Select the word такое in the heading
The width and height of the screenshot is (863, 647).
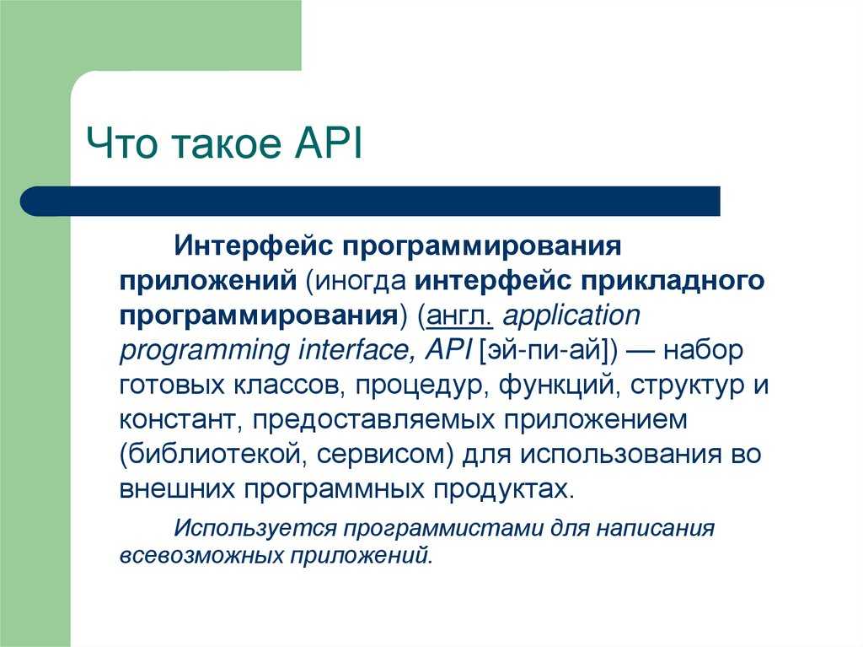[226, 145]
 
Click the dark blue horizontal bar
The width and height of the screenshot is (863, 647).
[370, 201]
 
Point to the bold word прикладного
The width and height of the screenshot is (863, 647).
[673, 281]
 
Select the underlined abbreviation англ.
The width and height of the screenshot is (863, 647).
[459, 315]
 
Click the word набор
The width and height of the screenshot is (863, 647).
[703, 350]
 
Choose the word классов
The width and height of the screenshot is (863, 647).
[287, 386]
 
